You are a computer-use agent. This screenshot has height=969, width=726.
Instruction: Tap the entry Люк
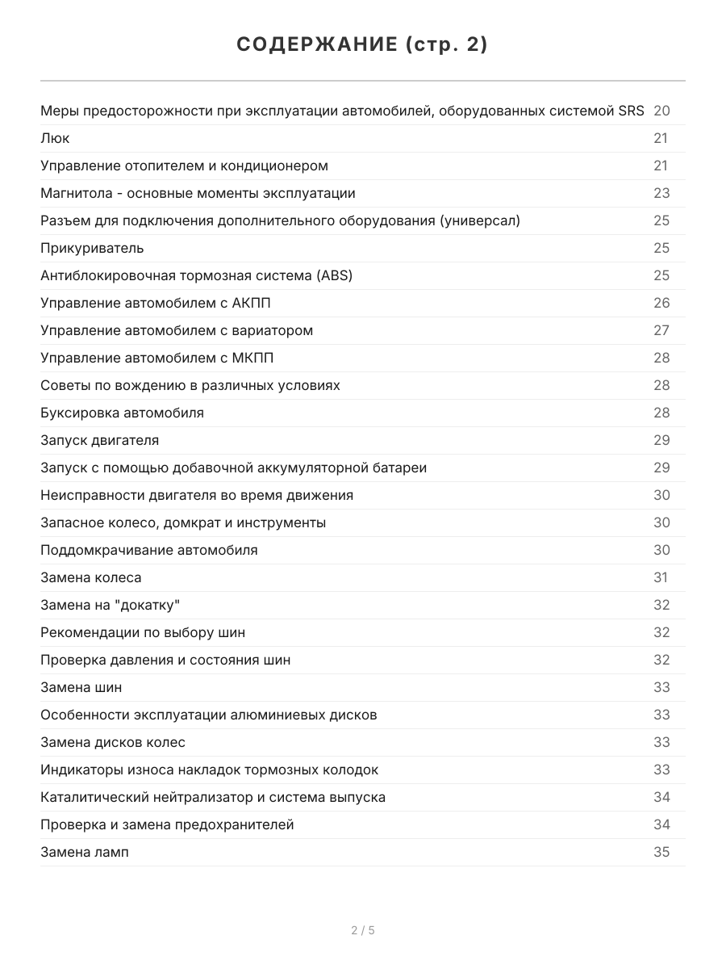coord(55,138)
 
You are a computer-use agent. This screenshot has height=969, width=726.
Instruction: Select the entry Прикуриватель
coord(92,248)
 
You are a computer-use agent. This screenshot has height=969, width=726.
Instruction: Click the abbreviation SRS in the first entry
coord(631,111)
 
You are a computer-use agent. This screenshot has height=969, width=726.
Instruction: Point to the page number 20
coord(661,111)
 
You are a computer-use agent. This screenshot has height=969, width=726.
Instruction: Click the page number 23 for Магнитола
coord(661,193)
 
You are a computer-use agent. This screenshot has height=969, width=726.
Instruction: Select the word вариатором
coord(272,330)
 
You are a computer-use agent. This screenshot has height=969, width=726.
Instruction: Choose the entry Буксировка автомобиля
coord(122,413)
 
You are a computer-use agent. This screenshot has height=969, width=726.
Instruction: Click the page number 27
coord(661,330)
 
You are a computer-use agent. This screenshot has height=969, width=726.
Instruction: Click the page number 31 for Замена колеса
coord(661,577)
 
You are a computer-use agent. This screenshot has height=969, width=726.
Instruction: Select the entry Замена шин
coord(81,687)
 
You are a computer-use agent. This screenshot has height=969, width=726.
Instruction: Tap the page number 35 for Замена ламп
coord(661,852)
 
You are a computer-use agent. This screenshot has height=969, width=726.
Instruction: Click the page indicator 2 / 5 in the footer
coord(363,930)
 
